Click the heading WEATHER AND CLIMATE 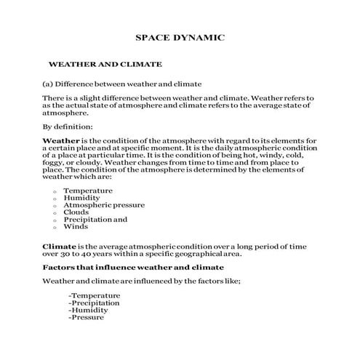click(105, 64)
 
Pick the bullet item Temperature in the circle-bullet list click(88, 190)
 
